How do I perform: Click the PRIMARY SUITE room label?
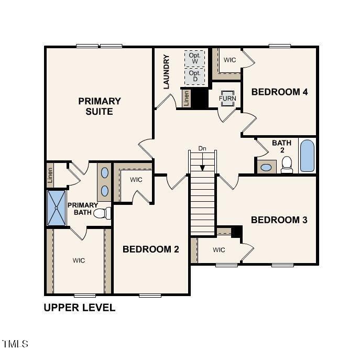100,106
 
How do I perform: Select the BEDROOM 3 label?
279,220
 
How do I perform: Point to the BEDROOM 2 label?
151,249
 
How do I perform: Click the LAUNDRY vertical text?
167,72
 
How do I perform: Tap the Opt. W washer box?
194,58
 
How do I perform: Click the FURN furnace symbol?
227,99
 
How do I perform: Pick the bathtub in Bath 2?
307,156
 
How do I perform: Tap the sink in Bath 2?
267,168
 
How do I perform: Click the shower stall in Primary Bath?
56,209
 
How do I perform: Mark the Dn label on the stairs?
202,149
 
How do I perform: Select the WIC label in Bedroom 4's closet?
230,60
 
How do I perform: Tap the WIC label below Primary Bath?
79,260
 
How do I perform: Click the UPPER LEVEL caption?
79,308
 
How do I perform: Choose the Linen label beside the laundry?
186,97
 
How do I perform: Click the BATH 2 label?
282,146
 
